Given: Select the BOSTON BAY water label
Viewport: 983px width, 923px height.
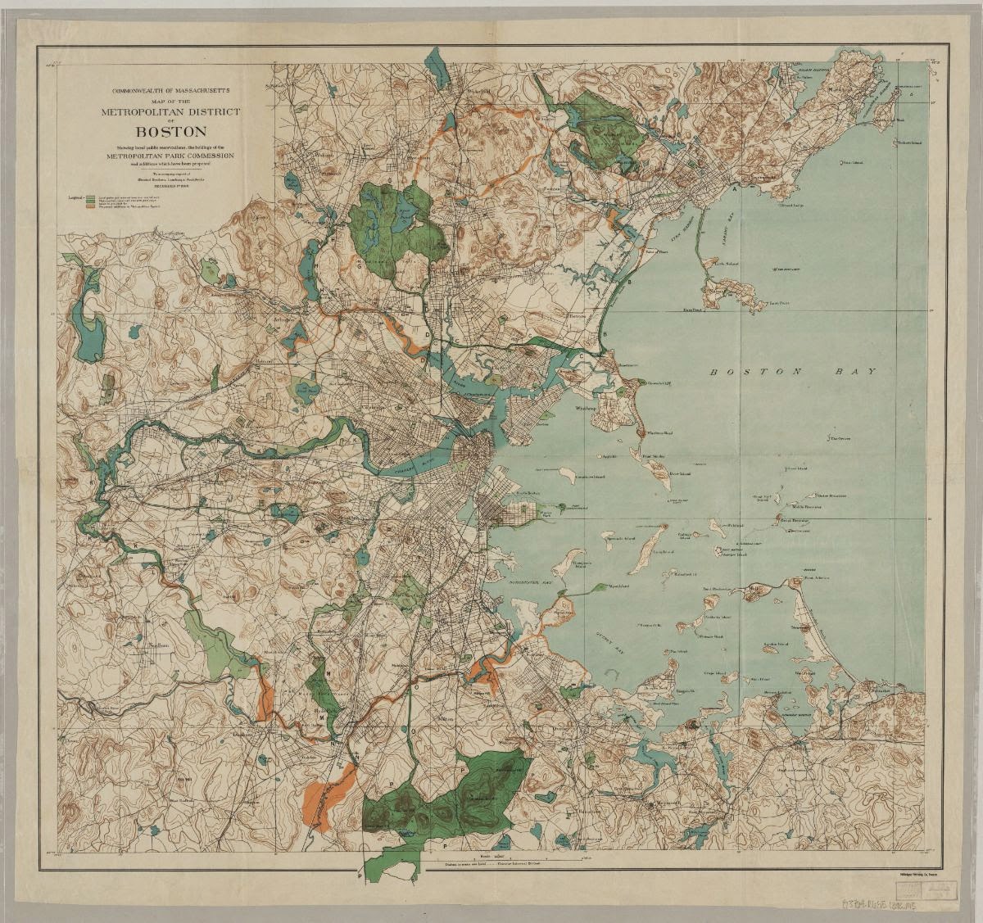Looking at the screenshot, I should tap(793, 372).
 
